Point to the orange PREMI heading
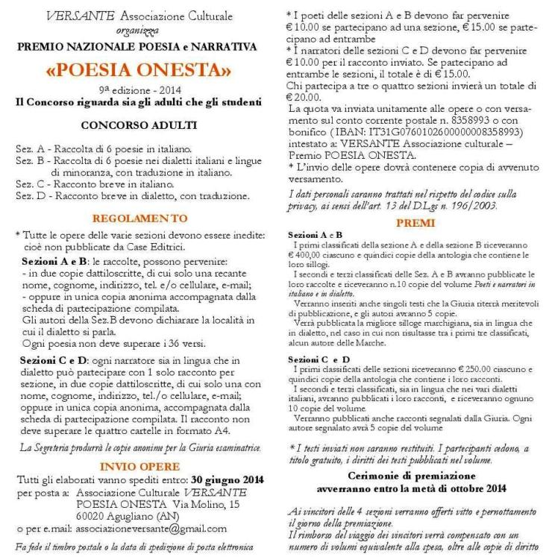coord(411,222)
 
